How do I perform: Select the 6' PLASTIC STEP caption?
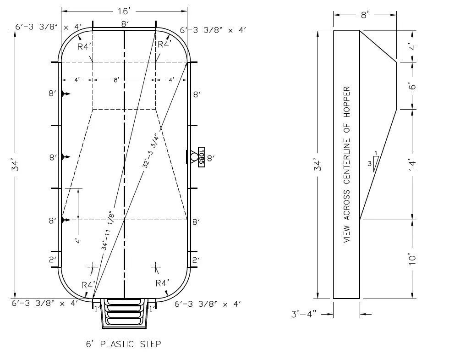[124, 343]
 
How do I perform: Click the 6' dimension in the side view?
[412, 85]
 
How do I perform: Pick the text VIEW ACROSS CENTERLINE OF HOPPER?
[347, 164]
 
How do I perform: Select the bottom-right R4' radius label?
[163, 282]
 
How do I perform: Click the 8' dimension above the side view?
[365, 15]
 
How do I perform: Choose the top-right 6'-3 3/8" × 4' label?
[213, 30]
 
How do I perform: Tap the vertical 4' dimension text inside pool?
[78, 241]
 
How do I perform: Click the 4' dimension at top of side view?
[412, 46]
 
